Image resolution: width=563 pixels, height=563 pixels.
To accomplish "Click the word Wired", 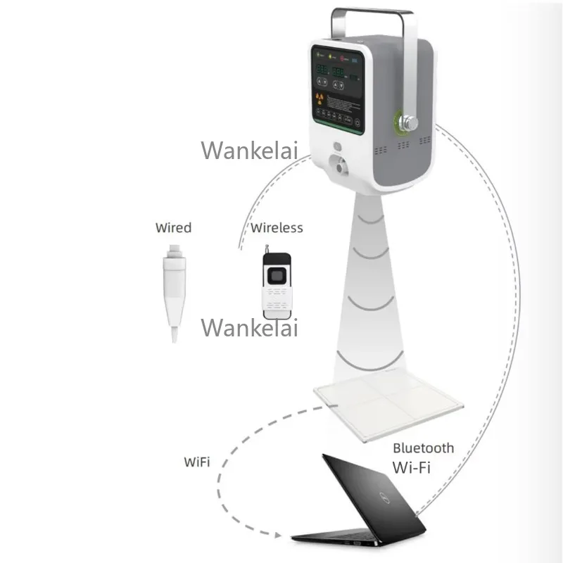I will [173, 227].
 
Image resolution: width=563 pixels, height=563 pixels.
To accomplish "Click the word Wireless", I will [277, 227].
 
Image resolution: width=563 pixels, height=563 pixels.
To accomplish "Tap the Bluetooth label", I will [423, 448].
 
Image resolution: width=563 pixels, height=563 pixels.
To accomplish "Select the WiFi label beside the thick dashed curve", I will [196, 462].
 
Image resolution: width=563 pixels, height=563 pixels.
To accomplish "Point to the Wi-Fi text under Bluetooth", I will [412, 465].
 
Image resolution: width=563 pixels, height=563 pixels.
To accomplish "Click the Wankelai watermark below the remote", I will [250, 327].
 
